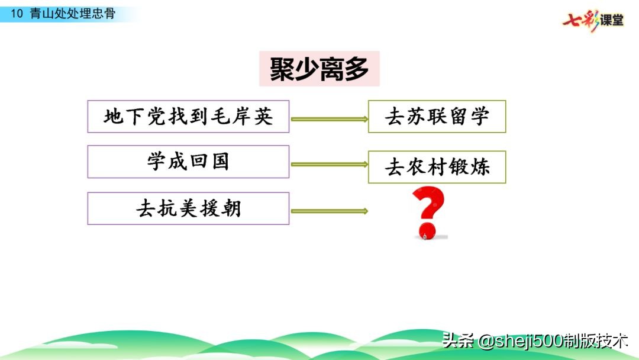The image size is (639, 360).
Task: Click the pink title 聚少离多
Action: tap(319, 69)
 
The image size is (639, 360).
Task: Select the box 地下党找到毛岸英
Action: tap(188, 117)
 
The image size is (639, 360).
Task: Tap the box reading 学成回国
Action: tap(188, 162)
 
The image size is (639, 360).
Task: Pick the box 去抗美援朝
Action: tap(188, 208)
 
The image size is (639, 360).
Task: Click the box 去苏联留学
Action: tap(437, 117)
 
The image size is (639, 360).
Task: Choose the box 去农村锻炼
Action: tap(437, 167)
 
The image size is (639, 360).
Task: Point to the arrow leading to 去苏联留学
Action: tap(328, 120)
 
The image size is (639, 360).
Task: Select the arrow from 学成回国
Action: tap(328, 165)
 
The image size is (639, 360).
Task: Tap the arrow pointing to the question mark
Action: tap(328, 211)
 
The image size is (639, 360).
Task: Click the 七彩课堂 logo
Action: tap(593, 21)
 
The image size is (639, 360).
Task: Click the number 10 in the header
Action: tap(17, 14)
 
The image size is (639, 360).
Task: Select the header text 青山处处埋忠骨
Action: tap(72, 14)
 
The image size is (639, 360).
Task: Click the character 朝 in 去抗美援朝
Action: tap(231, 208)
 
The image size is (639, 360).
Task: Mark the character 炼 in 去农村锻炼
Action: tap(480, 167)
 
